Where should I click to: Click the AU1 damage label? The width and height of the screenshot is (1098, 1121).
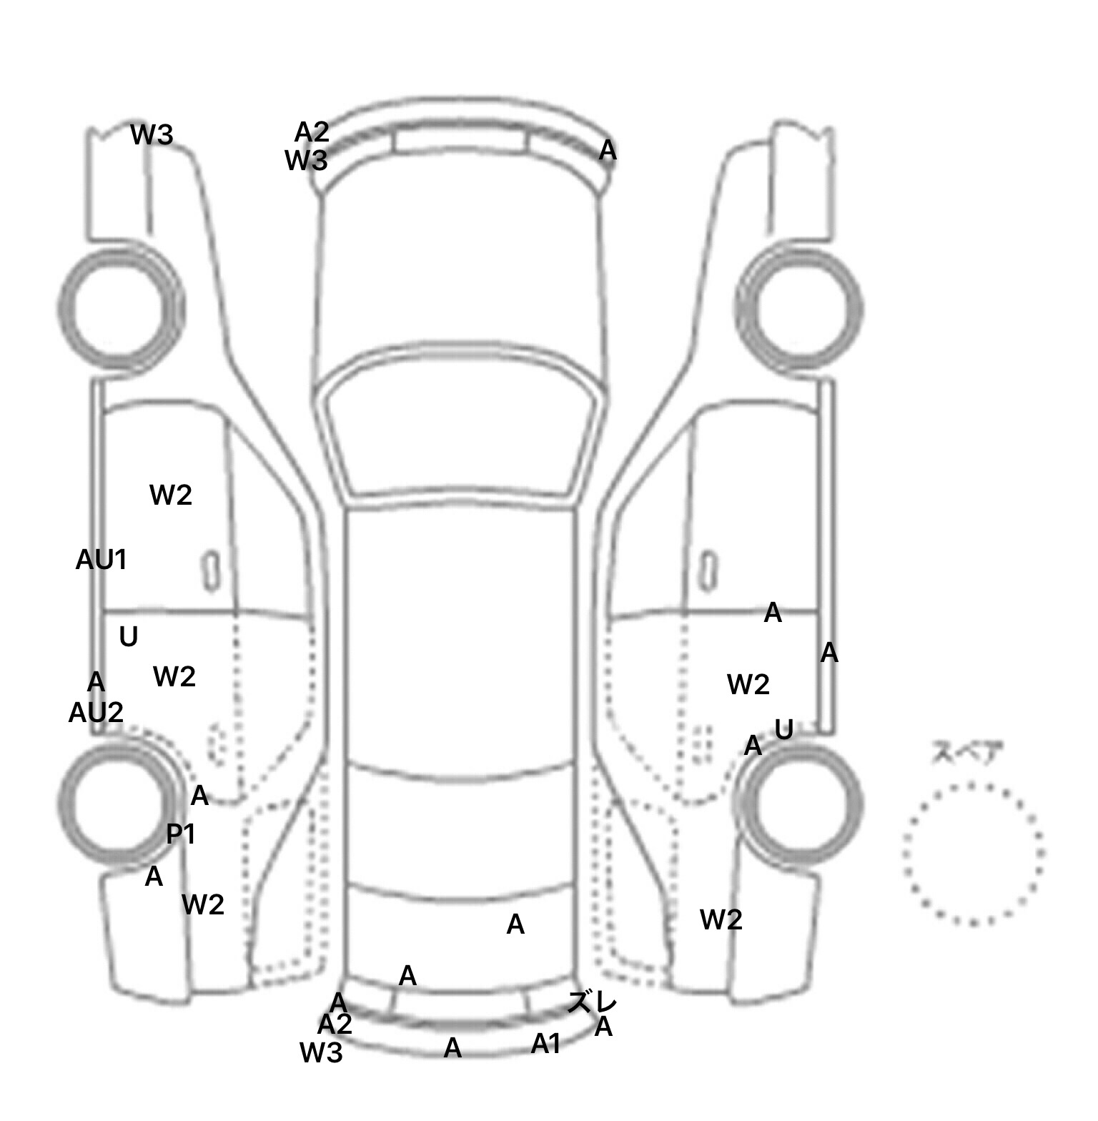click(102, 560)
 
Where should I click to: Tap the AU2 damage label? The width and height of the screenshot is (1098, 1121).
click(96, 712)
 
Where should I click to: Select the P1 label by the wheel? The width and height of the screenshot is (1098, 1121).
click(181, 834)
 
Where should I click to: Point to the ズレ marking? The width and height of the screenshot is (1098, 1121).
click(592, 1002)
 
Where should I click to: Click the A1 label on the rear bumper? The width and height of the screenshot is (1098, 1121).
click(546, 1045)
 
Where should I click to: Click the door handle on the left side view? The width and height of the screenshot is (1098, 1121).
click(211, 571)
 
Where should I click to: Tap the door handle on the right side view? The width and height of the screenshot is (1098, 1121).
click(708, 571)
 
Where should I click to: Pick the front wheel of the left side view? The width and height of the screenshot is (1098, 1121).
click(122, 308)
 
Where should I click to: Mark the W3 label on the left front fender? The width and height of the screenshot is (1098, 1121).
click(152, 134)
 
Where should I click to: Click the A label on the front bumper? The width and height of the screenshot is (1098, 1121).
click(608, 150)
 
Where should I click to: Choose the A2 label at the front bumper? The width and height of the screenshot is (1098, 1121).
click(312, 132)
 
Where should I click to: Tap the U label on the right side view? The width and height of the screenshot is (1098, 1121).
click(784, 729)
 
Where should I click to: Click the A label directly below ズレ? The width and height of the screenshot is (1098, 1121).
click(604, 1027)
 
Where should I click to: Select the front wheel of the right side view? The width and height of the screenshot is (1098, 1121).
click(800, 308)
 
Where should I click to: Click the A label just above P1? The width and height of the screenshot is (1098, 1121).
click(199, 795)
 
